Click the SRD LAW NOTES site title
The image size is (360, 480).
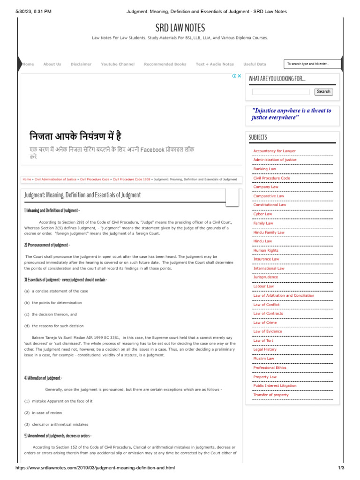point(180,28)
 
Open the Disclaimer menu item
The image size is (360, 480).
point(81,64)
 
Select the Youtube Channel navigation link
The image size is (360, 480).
point(118,64)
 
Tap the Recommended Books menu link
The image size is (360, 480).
point(165,64)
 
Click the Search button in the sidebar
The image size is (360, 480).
point(323,92)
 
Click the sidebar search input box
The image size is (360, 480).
point(281,92)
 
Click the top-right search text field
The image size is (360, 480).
point(312,64)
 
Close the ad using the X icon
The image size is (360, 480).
point(239,76)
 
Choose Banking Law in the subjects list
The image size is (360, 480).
point(265,169)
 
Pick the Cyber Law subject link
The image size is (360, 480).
point(262,214)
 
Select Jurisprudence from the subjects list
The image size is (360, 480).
point(265,277)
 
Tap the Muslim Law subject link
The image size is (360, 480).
point(263,359)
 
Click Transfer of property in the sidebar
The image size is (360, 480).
point(271,395)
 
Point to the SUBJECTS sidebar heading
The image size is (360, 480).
point(258,137)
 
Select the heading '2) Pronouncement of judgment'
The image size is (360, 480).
point(47,245)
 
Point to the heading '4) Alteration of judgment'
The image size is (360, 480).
point(43,378)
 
